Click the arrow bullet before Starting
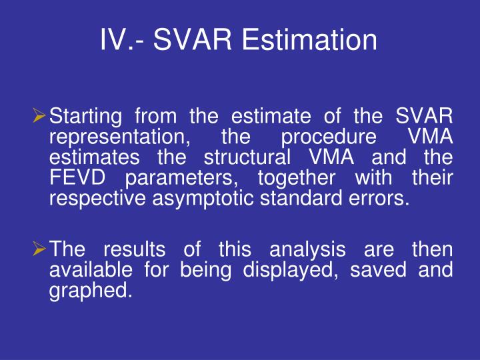[x=41, y=117]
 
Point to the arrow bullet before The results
[x=41, y=250]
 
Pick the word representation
[x=119, y=138]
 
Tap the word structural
[x=248, y=159]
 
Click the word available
[x=91, y=271]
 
